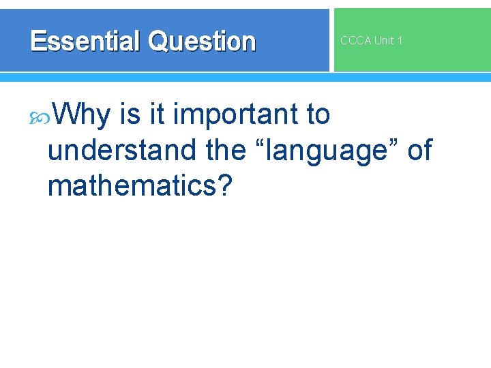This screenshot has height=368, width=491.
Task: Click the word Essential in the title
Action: [x=86, y=42]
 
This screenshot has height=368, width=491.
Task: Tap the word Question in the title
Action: [x=201, y=42]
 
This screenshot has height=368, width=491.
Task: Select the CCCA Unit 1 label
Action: [x=371, y=41]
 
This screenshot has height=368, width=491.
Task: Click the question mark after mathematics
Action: [x=224, y=185]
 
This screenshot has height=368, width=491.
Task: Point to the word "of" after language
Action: [x=419, y=150]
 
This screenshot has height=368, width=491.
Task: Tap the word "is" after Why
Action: [x=129, y=114]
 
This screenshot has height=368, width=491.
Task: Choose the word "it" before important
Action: [x=157, y=114]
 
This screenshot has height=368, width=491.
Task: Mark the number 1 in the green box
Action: [x=400, y=41]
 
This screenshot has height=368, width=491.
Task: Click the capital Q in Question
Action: [x=158, y=42]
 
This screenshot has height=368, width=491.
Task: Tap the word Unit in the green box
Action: [x=383, y=41]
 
